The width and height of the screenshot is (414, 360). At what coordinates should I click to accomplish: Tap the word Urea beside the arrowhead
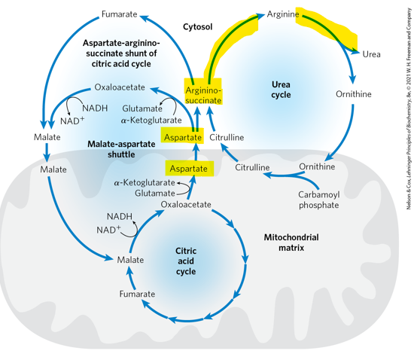(371, 55)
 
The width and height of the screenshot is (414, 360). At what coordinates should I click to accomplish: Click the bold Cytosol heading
(198, 26)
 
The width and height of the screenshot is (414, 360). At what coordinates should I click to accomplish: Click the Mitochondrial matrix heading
(291, 242)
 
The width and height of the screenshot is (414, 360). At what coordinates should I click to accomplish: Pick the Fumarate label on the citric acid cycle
(137, 294)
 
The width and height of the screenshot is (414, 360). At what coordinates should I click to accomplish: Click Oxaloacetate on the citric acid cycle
(184, 204)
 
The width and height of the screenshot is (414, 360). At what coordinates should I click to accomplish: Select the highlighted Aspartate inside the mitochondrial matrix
(188, 168)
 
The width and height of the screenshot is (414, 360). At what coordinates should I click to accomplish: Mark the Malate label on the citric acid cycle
(130, 260)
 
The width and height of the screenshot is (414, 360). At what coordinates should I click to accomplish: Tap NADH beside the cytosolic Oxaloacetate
(95, 108)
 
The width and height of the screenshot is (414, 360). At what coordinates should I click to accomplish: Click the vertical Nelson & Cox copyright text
(406, 113)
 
